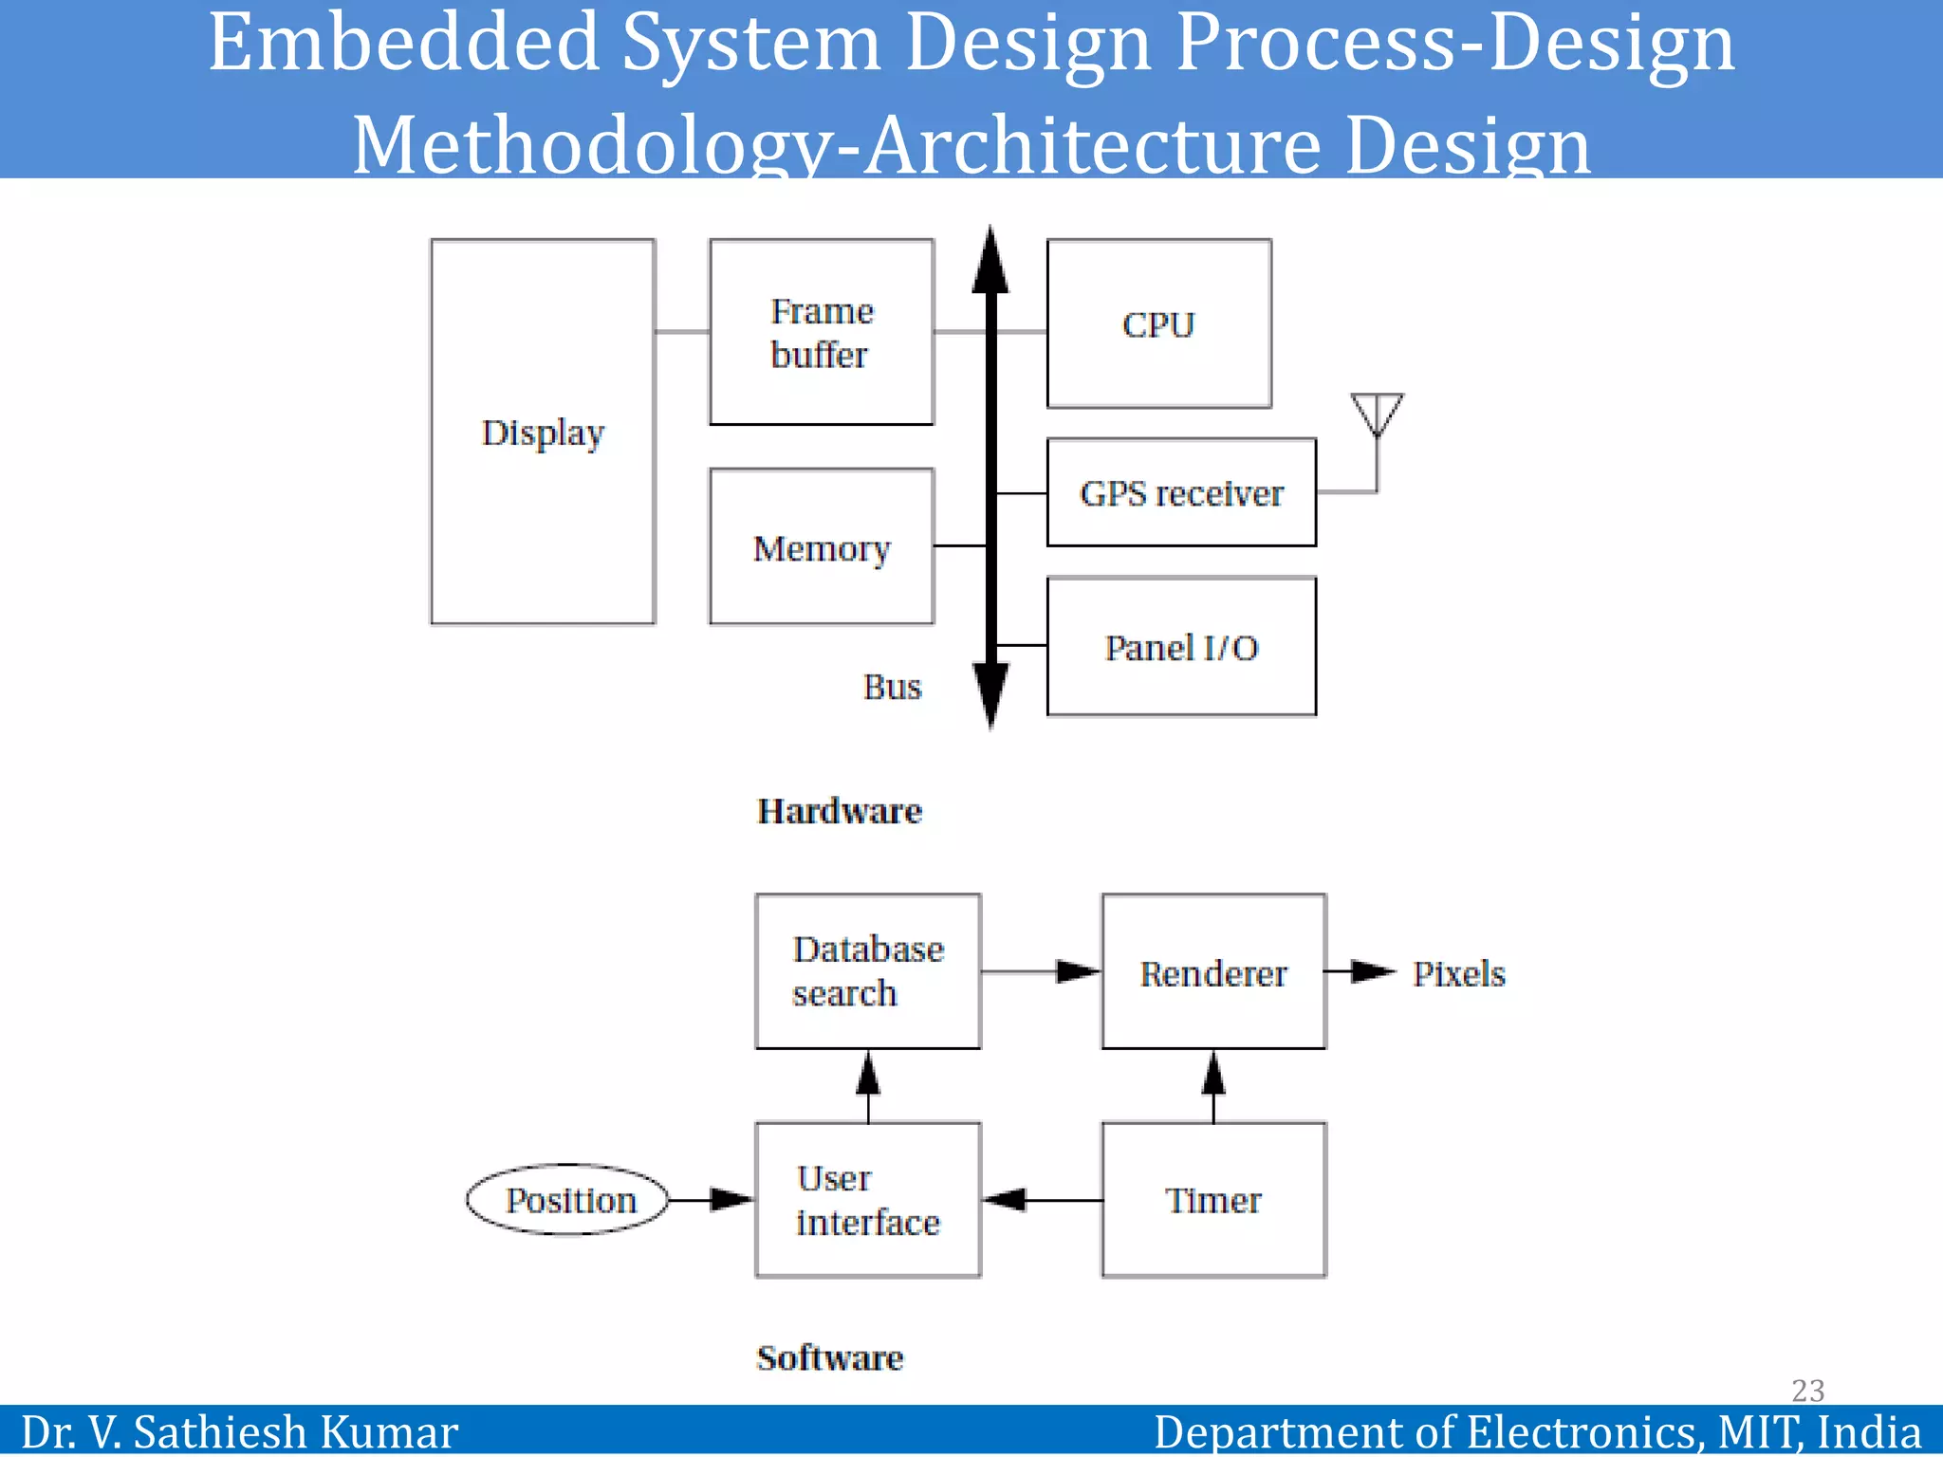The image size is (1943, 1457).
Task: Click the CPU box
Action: tap(1158, 323)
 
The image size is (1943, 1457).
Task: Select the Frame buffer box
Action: tap(822, 332)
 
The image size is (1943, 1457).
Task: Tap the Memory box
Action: tap(822, 547)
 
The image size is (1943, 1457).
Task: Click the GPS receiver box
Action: tap(1181, 493)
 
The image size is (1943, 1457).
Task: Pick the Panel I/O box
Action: tap(1181, 647)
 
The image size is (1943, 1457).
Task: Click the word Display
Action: tap(543, 433)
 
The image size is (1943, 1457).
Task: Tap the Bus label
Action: tap(892, 687)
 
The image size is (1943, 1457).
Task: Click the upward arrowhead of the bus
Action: tap(990, 261)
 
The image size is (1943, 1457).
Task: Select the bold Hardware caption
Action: tap(839, 811)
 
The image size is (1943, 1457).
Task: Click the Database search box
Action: tap(867, 971)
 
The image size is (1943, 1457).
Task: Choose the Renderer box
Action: tap(1213, 972)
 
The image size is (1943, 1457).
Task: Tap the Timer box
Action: tap(1213, 1200)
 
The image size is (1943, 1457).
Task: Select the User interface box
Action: tap(867, 1200)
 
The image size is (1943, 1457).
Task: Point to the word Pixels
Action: tap(1458, 973)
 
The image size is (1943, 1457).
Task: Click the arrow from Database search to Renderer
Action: tap(1041, 971)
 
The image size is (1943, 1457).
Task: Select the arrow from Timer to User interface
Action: tap(1042, 1200)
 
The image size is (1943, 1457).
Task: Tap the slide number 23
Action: tap(1807, 1390)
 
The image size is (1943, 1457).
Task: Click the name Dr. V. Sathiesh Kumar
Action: tap(239, 1431)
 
